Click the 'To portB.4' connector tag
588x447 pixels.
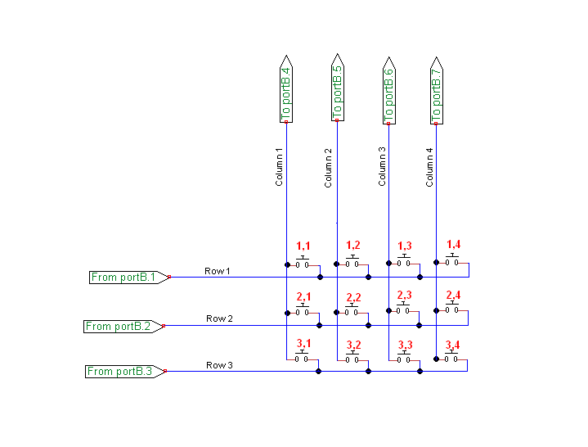coord(286,90)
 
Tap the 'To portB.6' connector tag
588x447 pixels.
coord(389,90)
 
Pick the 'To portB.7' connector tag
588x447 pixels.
coord(436,90)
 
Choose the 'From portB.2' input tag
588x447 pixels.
coord(123,326)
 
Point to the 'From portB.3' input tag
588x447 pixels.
coord(125,371)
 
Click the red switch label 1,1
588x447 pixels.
coord(303,246)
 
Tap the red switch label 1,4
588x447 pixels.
coord(454,244)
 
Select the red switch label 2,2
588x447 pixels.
coord(353,296)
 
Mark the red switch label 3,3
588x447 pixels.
coord(405,345)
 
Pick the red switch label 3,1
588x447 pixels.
coord(304,345)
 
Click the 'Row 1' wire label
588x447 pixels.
coord(218,270)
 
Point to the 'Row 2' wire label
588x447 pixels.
coord(219,318)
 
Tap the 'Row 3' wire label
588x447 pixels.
coord(219,364)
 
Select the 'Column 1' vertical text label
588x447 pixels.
coord(279,167)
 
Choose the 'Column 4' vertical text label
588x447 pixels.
coord(429,167)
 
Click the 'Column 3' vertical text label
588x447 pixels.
coord(382,167)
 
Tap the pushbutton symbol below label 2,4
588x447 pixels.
coord(451,309)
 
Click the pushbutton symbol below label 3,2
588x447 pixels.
coord(352,358)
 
